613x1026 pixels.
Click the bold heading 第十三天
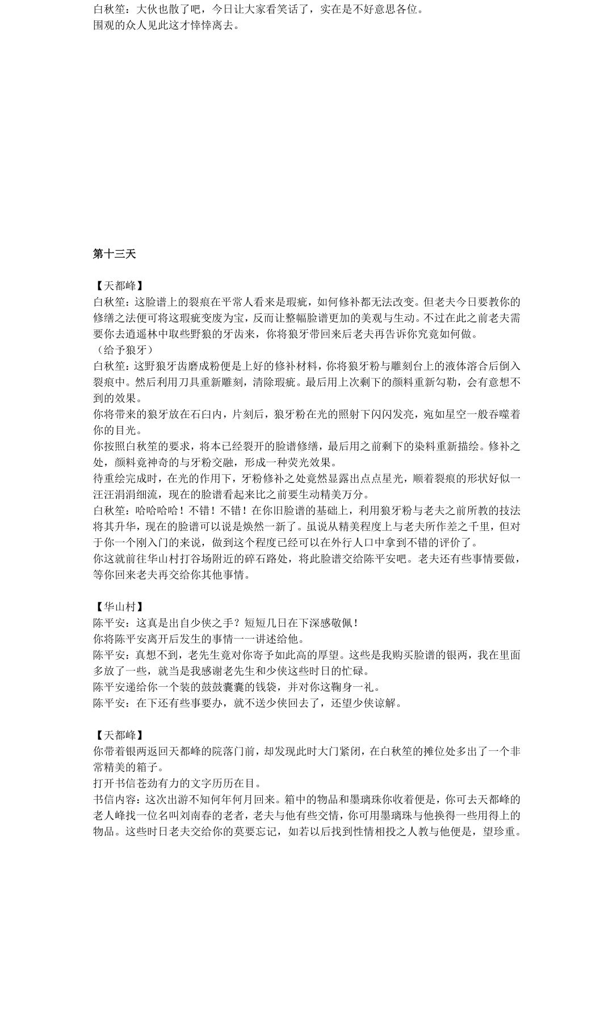coord(114,254)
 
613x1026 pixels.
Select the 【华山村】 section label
coord(120,607)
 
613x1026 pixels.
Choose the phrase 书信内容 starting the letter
coord(114,800)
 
